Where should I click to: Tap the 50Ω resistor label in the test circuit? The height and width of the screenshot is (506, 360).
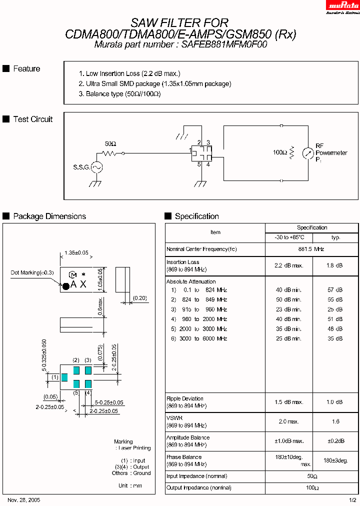click(110, 143)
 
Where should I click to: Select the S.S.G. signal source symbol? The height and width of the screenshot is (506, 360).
click(95, 167)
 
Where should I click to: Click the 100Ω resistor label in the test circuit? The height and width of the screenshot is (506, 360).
click(279, 152)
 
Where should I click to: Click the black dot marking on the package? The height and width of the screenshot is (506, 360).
click(65, 286)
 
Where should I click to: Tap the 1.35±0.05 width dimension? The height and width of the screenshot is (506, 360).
click(76, 253)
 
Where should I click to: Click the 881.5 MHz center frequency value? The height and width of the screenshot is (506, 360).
click(311, 249)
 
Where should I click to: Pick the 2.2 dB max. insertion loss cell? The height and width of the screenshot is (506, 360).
click(288, 265)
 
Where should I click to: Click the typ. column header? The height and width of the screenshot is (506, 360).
click(335, 237)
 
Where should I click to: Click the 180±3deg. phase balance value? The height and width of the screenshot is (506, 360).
click(335, 460)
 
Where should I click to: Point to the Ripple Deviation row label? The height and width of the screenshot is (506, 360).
click(185, 398)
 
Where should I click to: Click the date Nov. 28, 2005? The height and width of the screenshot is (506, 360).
click(24, 500)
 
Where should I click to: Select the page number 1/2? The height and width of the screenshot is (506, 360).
click(352, 500)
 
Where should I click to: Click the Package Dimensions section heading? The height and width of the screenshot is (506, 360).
click(49, 216)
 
